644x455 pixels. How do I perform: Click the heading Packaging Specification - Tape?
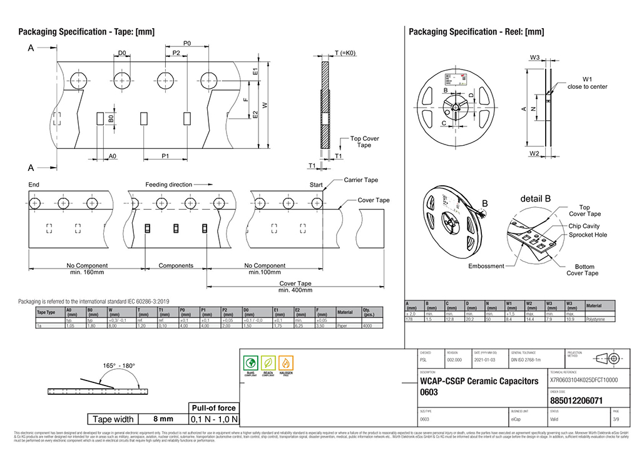(86, 32)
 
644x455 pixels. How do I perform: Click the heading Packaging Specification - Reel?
(476, 32)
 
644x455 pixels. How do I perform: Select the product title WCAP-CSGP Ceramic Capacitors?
(479, 381)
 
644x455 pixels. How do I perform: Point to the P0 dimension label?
(187, 43)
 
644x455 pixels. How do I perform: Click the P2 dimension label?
(176, 54)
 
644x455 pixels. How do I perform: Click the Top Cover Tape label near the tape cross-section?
(364, 142)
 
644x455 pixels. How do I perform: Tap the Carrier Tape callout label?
(361, 180)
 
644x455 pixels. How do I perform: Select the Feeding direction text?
(169, 185)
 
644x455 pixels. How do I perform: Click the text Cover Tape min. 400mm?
(295, 287)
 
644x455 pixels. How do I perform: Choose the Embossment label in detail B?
(486, 266)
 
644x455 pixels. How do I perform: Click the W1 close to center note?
(586, 83)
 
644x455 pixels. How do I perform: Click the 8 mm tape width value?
(163, 419)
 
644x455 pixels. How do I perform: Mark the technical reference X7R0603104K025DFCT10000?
(583, 380)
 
